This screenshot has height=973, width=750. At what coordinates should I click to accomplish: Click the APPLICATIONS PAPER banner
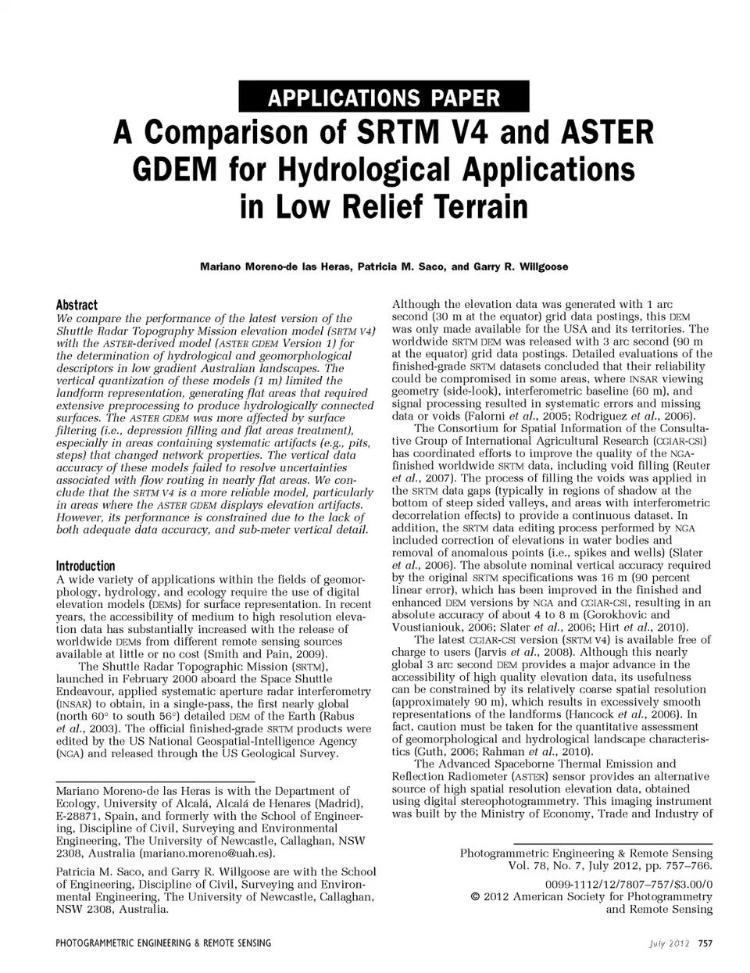click(x=384, y=98)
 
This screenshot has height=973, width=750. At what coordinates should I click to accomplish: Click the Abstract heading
click(x=77, y=305)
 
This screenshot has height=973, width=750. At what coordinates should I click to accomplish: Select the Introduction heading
click(x=85, y=566)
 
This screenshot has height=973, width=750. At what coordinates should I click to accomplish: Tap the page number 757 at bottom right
click(x=705, y=943)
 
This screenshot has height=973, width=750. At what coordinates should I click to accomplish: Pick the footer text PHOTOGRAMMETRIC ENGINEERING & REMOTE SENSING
click(x=163, y=943)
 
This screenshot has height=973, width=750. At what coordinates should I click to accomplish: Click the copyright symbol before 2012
click(x=475, y=896)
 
